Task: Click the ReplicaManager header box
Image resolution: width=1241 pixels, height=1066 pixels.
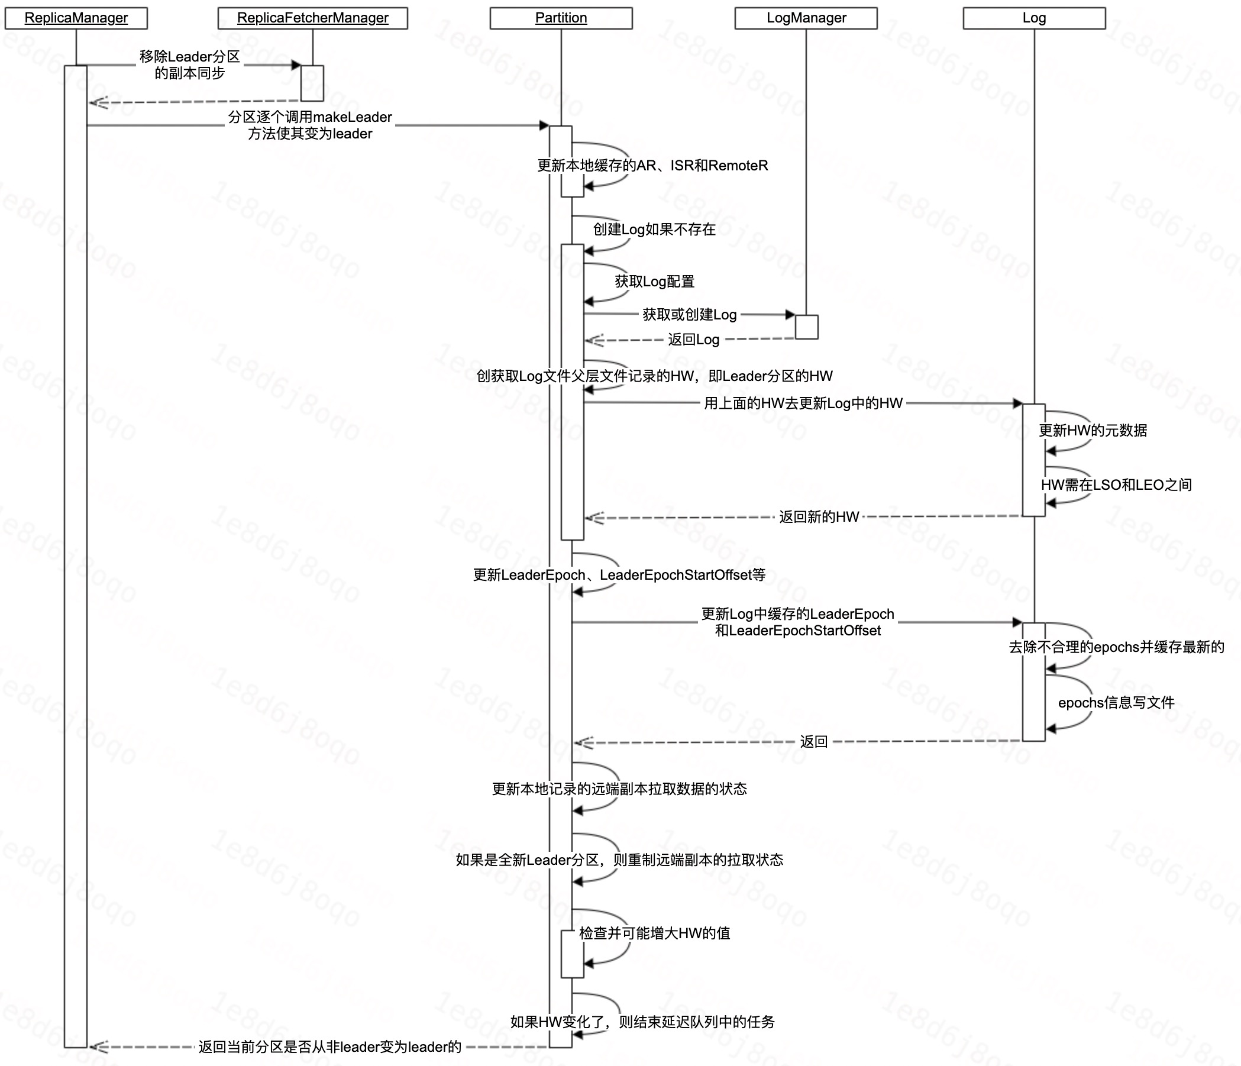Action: (x=76, y=18)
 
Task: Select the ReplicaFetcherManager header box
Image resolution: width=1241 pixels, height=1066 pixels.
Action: (x=313, y=18)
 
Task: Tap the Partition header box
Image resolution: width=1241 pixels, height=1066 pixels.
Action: (x=561, y=18)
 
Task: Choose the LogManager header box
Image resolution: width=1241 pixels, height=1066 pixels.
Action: (x=806, y=18)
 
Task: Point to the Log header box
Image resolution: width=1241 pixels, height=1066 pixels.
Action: (x=1034, y=18)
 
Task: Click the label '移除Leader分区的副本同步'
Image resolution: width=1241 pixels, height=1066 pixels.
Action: (x=189, y=64)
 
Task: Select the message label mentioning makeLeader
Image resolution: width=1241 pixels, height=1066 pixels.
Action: (x=309, y=125)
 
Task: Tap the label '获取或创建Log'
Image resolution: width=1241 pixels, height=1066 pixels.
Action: (x=689, y=314)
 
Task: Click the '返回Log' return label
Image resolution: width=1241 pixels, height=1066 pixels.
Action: (x=694, y=340)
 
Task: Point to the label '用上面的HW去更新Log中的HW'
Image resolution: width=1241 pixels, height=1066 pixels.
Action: (x=803, y=403)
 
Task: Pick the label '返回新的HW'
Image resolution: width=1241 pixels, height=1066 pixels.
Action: (x=819, y=517)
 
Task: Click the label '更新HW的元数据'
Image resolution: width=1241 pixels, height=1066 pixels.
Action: (x=1093, y=431)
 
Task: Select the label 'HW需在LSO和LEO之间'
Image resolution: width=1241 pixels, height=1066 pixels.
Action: (x=1116, y=484)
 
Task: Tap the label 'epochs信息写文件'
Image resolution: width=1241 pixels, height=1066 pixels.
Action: (x=1116, y=702)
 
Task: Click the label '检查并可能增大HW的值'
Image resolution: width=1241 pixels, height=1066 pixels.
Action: (x=655, y=933)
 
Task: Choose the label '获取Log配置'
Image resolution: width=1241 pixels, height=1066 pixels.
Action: (x=655, y=282)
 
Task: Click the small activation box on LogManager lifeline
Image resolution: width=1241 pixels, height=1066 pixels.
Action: (x=806, y=327)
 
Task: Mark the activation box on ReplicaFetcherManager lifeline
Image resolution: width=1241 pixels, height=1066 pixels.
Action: (x=312, y=83)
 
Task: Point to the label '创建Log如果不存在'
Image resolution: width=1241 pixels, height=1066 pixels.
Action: (x=654, y=230)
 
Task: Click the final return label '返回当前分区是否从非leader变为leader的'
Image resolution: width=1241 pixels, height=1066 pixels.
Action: (x=330, y=1047)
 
